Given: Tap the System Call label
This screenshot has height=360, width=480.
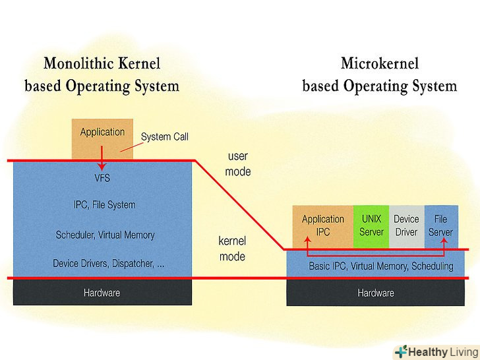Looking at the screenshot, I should (x=165, y=136).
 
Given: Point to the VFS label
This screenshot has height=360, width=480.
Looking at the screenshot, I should (x=102, y=178).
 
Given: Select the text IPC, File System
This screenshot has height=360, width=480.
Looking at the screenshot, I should (x=104, y=205).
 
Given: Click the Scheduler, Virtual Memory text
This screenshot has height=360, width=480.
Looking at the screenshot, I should (x=105, y=235).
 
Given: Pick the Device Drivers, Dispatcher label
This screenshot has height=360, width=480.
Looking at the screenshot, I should (x=109, y=264).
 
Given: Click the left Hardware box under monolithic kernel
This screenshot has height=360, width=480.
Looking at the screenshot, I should (x=102, y=292).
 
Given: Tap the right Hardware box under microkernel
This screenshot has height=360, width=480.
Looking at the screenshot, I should (x=375, y=293).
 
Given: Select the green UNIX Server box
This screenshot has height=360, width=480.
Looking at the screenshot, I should (x=371, y=225).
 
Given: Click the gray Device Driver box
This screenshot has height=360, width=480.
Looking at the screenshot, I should (x=406, y=225).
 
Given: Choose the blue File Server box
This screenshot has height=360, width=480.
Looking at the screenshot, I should (x=440, y=225).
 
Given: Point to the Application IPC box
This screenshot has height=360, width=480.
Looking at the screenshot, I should (x=322, y=225).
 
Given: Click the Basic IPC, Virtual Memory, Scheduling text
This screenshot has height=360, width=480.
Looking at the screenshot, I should (x=381, y=266).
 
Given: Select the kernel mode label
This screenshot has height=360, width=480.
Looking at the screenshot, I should (x=232, y=249).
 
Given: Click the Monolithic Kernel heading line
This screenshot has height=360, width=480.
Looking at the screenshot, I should (x=102, y=64).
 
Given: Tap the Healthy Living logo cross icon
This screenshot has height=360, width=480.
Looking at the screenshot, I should (x=401, y=352).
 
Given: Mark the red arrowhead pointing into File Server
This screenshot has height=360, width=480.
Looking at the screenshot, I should (x=444, y=241).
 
